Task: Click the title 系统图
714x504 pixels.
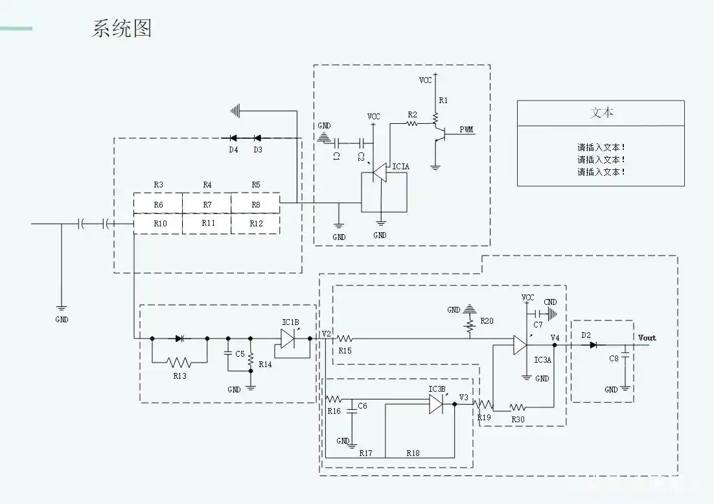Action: coord(121,29)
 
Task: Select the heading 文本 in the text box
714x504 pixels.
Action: coord(601,112)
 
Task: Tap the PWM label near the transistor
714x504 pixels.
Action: coord(466,129)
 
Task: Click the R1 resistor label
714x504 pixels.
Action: coord(443,101)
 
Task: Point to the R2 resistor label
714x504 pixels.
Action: coord(412,115)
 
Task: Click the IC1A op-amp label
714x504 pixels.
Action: coord(400,167)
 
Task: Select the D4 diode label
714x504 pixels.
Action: coord(233,150)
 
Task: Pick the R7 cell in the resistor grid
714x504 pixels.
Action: coord(207,205)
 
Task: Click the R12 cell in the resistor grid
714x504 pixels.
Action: coord(256,223)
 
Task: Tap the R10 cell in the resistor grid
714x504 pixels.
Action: coord(158,223)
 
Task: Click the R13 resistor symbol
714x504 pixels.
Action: coord(179,363)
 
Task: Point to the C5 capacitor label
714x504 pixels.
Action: coord(240,354)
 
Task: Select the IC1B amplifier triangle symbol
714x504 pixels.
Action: coord(289,338)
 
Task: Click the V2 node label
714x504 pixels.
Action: coord(327,335)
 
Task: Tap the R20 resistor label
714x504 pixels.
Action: coord(487,321)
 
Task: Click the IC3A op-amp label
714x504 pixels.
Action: coord(542,359)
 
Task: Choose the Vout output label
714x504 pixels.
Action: coord(647,337)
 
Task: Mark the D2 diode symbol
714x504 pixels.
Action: coord(593,345)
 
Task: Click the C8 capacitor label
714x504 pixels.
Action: coord(614,358)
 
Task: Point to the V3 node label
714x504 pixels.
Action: coord(463,397)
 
